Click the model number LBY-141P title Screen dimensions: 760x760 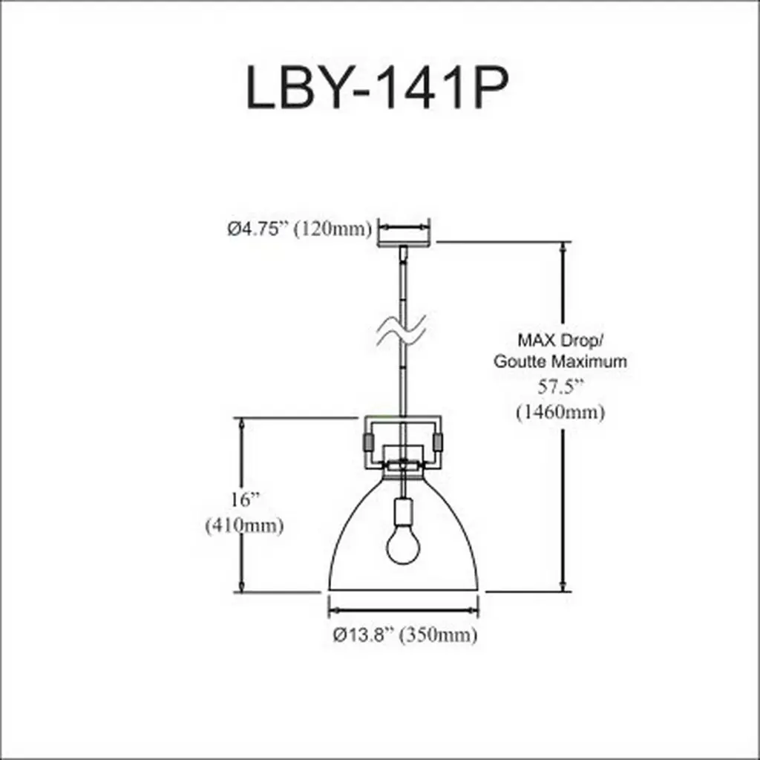coord(378,88)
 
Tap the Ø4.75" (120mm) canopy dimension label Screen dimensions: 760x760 coord(300,229)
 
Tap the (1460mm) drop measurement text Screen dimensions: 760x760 coord(561,413)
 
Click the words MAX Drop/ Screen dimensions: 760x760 coord(560,340)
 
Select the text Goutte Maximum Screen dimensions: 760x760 coord(560,361)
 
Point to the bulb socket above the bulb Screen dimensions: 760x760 coord(403,512)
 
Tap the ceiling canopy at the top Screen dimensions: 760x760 coord(404,242)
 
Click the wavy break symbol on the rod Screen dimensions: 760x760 coord(402,330)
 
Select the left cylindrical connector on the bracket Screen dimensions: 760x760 coord(368,442)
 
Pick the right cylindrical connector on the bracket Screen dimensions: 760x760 coord(438,442)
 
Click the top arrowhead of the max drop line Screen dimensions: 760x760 coord(563,246)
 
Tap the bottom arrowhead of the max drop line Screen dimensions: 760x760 coord(563,586)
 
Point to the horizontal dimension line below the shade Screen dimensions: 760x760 coord(403,610)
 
